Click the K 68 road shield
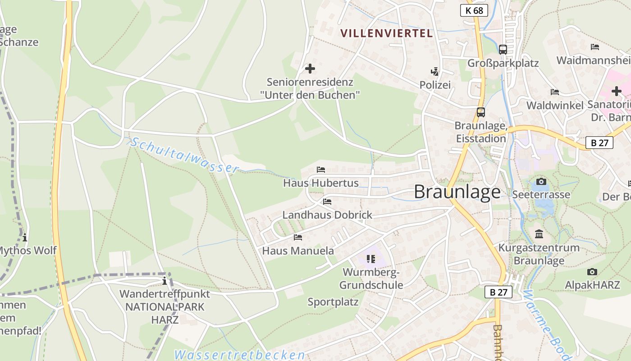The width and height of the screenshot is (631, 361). pos(474,10)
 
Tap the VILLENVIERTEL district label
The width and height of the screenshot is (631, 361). pos(386,33)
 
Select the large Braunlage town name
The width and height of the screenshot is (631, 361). pos(457,192)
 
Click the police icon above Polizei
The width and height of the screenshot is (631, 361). pos(434,71)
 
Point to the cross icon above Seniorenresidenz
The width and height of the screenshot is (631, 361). pos(310,69)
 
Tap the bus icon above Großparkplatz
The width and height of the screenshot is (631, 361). pos(503,50)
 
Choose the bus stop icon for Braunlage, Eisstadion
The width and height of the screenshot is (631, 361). pos(481,112)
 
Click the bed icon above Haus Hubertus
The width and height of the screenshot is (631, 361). pos(321,170)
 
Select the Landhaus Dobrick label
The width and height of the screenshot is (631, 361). pos(327,215)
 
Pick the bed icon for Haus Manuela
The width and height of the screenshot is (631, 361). pos(298,237)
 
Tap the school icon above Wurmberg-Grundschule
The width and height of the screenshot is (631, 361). pos(371,259)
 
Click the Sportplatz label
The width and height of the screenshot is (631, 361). pos(333,302)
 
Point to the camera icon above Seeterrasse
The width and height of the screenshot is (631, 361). pos(541,181)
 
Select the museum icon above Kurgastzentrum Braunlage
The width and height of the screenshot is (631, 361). pos(539,234)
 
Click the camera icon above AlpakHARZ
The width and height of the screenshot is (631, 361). pos(592,272)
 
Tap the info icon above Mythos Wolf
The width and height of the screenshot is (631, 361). pos(25,237)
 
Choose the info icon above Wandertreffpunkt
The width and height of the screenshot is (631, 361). pos(165,281)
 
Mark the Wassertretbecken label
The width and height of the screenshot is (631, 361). pos(240,355)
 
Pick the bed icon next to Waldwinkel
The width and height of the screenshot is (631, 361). pos(555,92)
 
